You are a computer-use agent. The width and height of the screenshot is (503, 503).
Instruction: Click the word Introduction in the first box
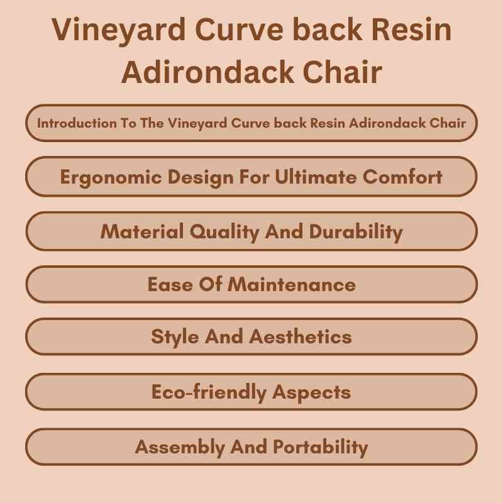(76, 123)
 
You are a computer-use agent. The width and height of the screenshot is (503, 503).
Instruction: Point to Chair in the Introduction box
(448, 123)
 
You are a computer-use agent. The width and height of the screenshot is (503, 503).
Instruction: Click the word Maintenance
(292, 284)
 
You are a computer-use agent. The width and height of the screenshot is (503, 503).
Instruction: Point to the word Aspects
(311, 392)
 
